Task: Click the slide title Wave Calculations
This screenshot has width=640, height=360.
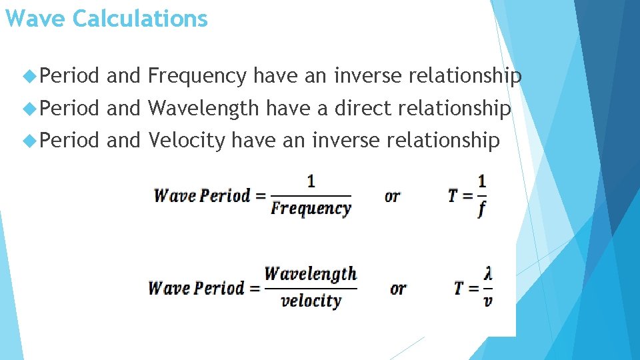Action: click(x=106, y=19)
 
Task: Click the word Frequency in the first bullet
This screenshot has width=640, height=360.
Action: click(x=197, y=77)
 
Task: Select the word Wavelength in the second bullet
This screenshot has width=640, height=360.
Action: click(x=203, y=108)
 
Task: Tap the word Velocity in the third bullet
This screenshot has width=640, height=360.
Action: click(x=187, y=140)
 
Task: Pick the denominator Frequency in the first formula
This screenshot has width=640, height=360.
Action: click(x=311, y=208)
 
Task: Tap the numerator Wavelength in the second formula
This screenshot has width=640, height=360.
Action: click(x=311, y=273)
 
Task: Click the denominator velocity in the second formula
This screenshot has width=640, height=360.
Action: click(x=311, y=301)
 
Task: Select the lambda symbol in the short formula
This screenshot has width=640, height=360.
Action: click(x=489, y=273)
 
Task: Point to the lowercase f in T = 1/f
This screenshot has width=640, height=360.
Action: click(x=481, y=209)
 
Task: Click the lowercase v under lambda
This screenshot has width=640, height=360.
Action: click(x=488, y=301)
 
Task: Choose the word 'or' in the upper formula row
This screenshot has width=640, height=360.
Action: click(x=393, y=196)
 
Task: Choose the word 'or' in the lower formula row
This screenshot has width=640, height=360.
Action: click(x=398, y=289)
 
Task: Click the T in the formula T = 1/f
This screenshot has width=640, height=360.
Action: click(x=453, y=195)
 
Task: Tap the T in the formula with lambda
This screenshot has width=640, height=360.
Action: click(x=459, y=288)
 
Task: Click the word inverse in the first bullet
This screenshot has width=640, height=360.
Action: click(x=368, y=77)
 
